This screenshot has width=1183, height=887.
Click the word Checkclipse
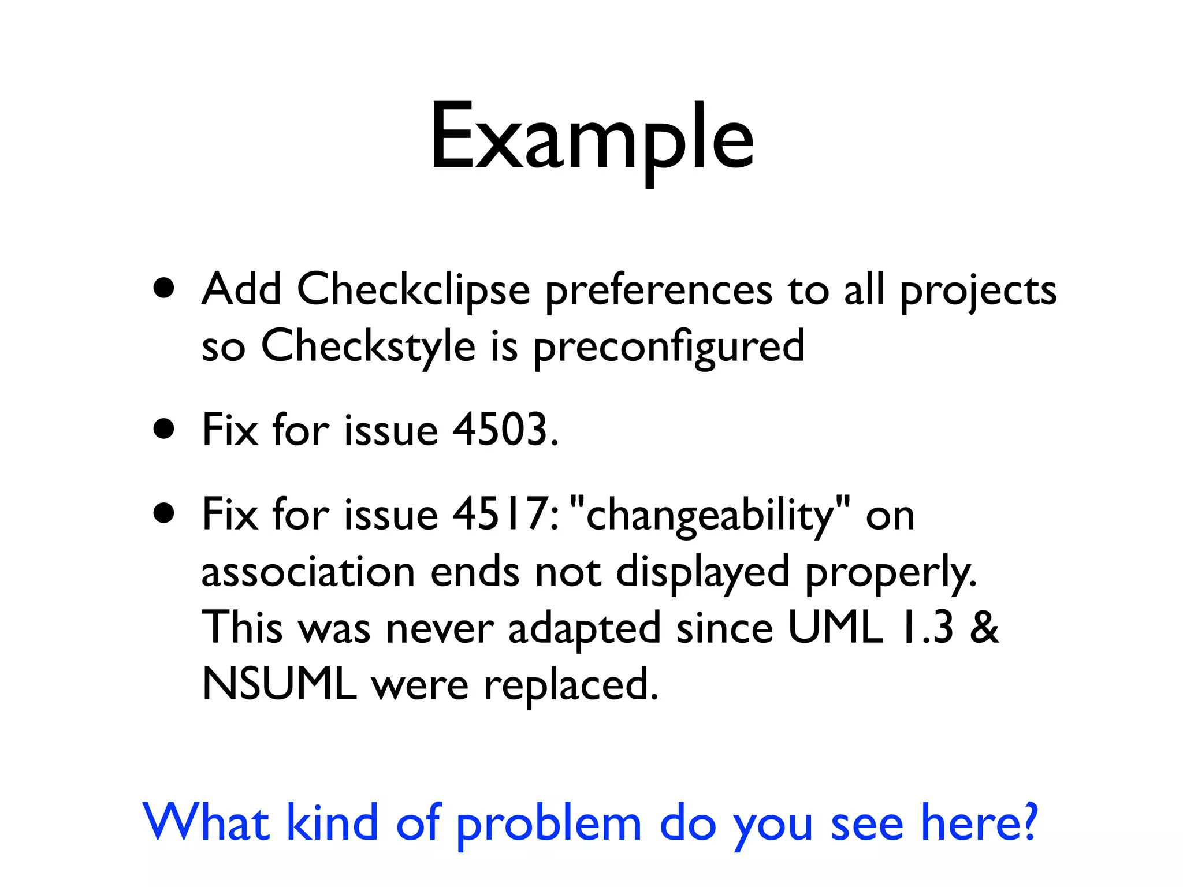click(413, 289)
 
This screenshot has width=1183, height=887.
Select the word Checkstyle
click(368, 345)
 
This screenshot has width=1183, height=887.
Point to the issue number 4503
click(499, 430)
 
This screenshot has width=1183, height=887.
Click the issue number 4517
click(498, 514)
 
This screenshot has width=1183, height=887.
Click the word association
click(308, 572)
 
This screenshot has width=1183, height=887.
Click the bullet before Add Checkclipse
click(164, 288)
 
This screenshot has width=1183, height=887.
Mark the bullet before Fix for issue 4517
click(164, 513)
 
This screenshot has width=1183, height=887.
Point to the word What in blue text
click(206, 822)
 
